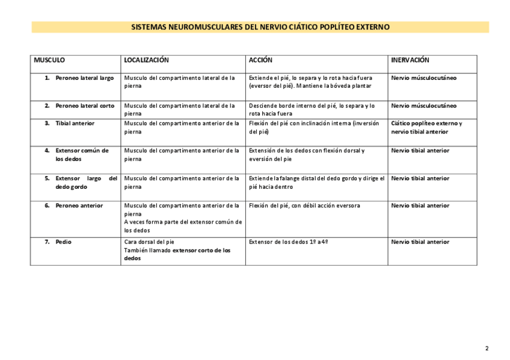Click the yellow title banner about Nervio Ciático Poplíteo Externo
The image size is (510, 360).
pos(260,28)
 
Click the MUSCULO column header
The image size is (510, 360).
pos(49,61)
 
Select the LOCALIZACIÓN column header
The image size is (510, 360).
pos(146,61)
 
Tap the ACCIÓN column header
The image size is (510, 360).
pos(260,61)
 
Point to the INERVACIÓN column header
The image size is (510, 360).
pos(410,61)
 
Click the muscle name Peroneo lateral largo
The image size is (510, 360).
pos(84,78)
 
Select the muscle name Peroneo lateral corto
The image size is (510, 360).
pos(85,106)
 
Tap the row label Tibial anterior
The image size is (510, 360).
pos(75,123)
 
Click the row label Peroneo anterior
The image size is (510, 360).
pos(79,206)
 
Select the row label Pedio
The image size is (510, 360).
pos(63,242)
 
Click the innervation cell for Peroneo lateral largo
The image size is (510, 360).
pos(423,78)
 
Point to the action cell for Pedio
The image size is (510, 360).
pos(288,242)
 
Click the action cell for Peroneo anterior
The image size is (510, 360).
pos(304,206)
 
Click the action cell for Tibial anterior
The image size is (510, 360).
pos(313,127)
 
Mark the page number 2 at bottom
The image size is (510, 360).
pos(487,349)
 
